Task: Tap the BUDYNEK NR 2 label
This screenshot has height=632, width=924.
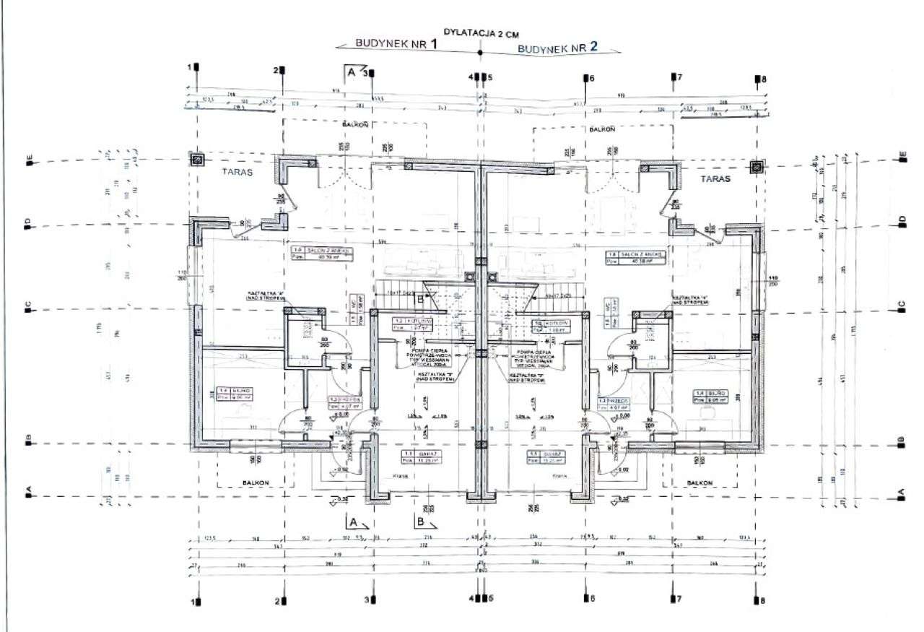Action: (558, 48)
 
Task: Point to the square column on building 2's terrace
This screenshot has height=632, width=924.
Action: (757, 167)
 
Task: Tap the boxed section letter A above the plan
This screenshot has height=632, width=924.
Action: (351, 73)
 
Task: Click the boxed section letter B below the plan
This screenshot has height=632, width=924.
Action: (420, 521)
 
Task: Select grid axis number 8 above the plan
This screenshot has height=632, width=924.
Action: (758, 79)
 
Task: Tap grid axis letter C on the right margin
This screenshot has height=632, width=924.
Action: (902, 310)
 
